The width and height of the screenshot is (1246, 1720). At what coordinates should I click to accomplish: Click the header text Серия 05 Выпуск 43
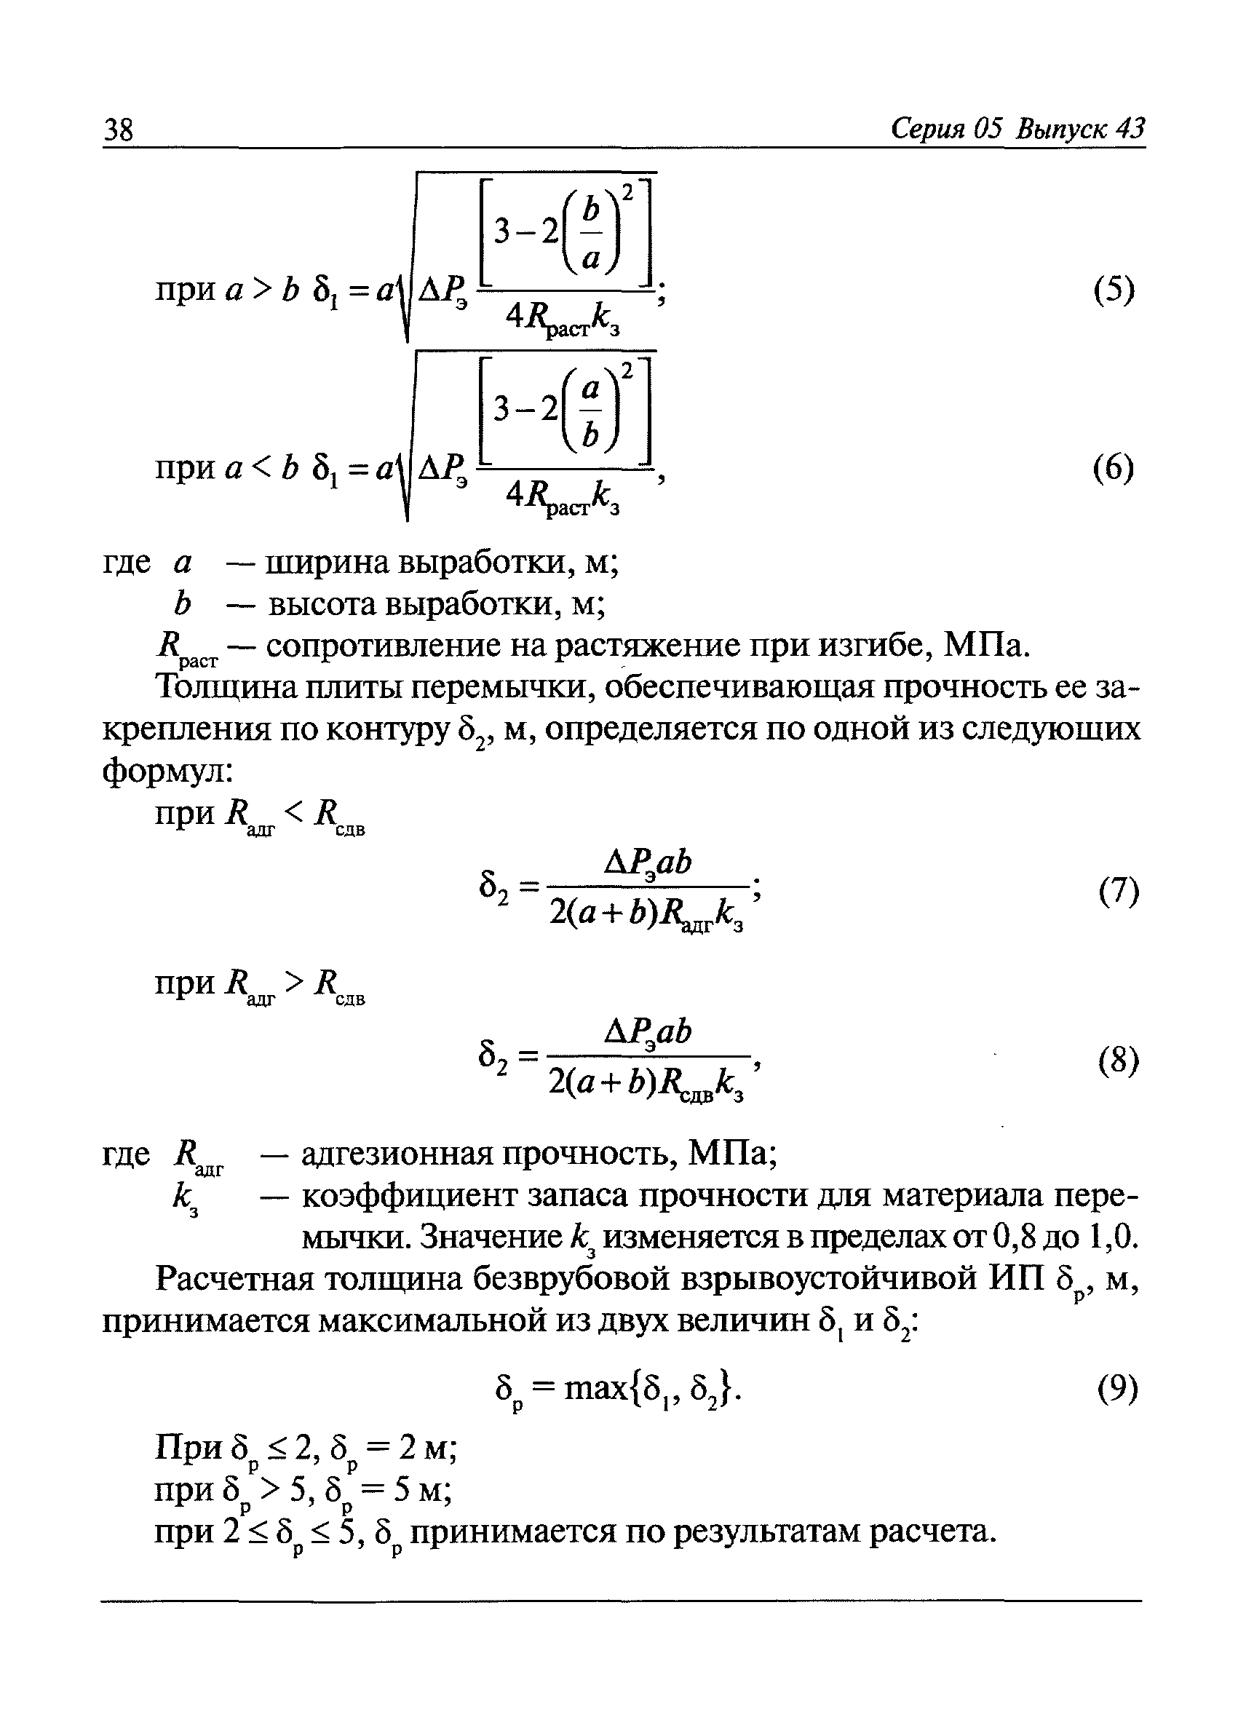[x=1017, y=129]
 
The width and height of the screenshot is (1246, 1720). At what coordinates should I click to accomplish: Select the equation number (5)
[x=1114, y=289]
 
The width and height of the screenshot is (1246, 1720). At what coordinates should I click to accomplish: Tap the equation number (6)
[x=1114, y=468]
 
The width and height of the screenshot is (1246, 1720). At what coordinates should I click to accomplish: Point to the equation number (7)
[x=1119, y=890]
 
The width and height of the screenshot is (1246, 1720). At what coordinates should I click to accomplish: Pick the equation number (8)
[x=1119, y=1061]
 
